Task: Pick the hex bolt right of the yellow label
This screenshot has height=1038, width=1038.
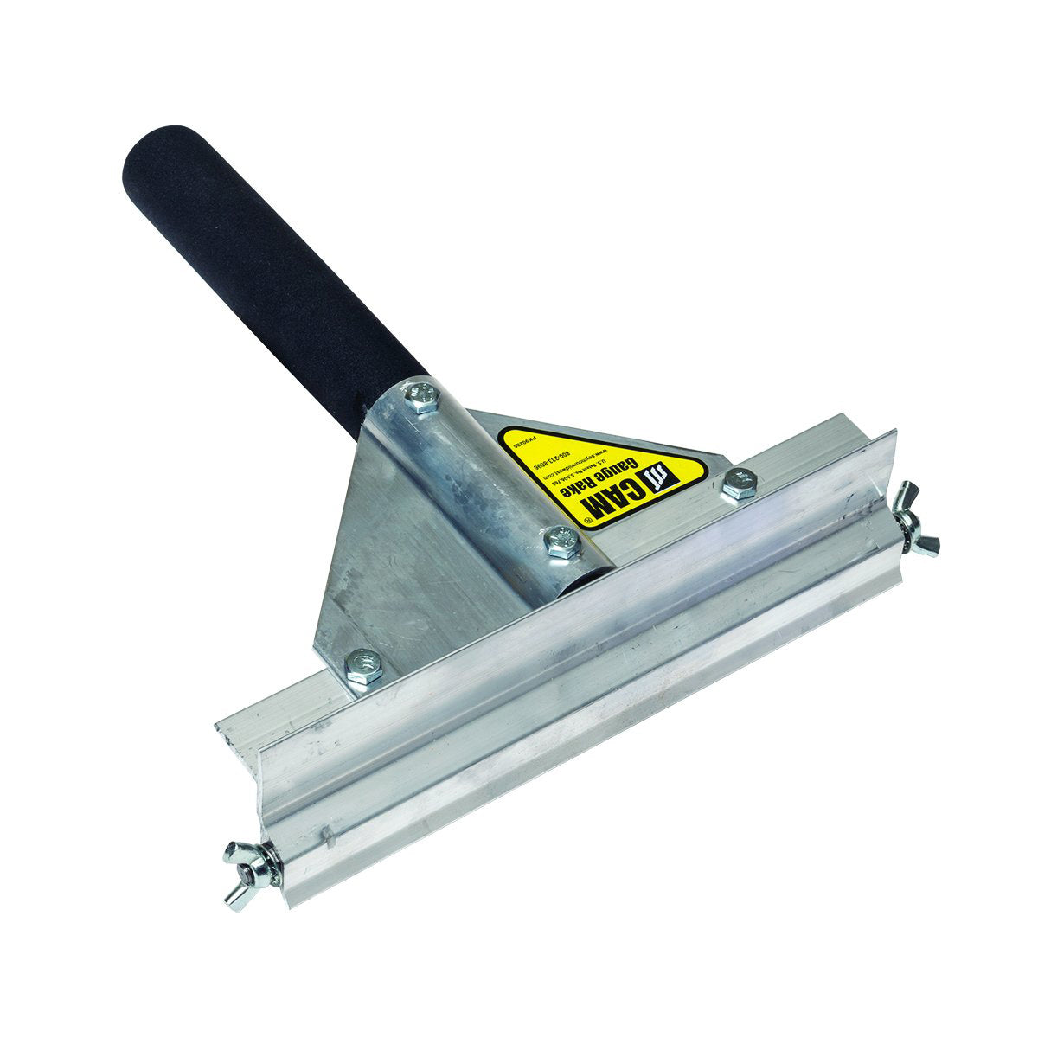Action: point(739,484)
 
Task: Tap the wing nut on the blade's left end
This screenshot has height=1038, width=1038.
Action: point(246,863)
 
